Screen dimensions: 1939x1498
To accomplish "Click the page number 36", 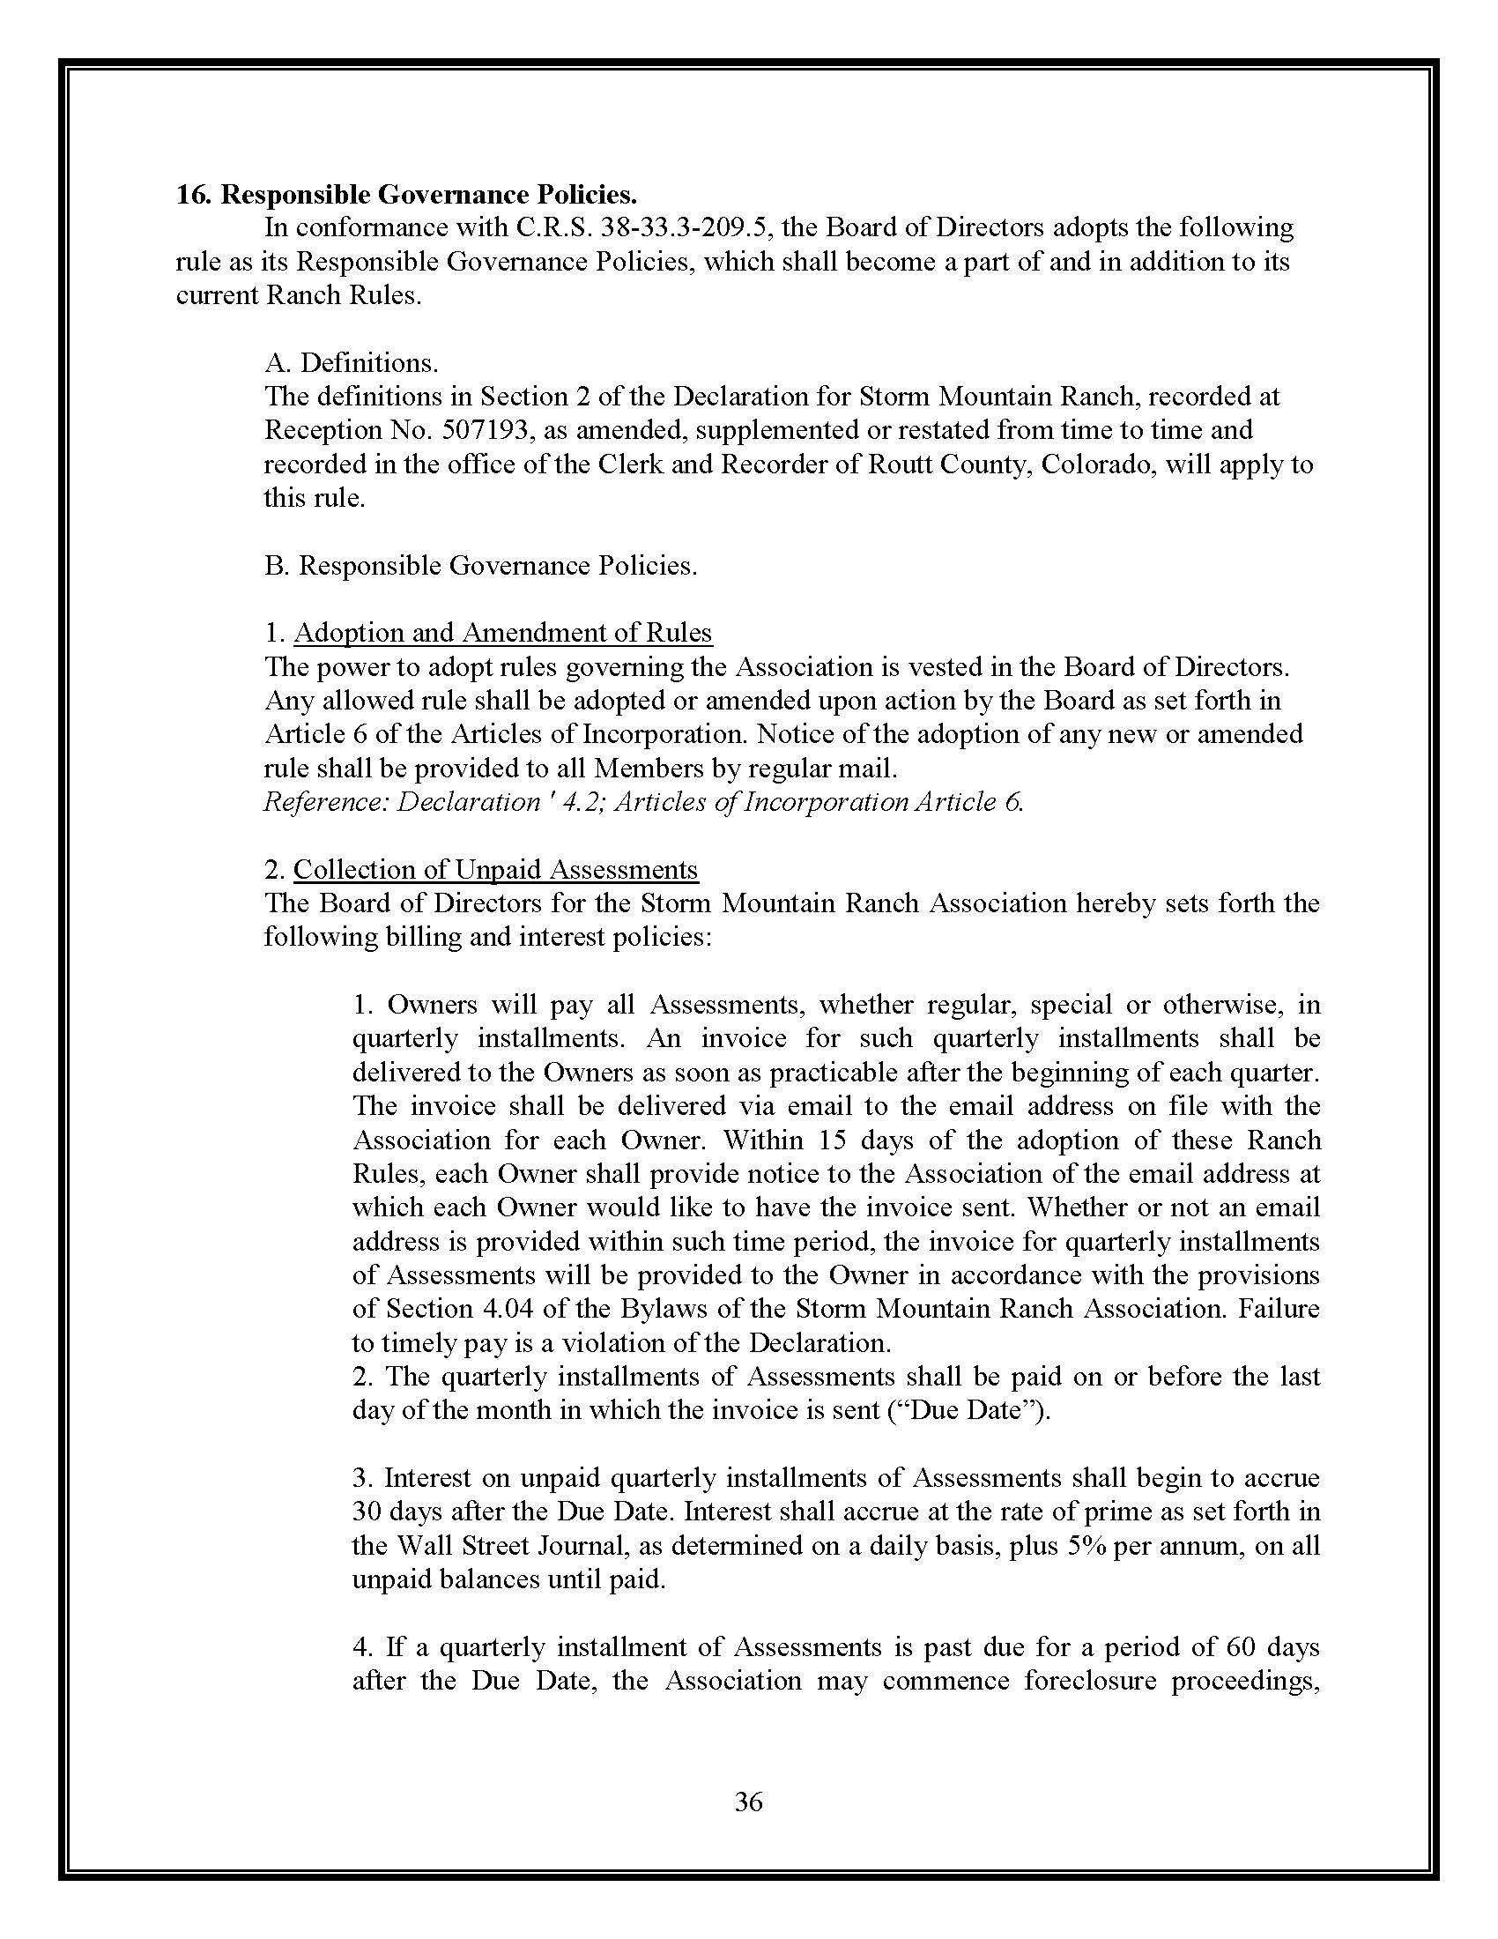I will pos(748,1802).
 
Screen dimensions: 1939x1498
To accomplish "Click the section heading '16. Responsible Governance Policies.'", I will pos(406,194).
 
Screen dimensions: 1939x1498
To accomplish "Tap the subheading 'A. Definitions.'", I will pos(351,362).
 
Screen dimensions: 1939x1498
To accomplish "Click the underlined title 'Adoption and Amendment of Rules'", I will pos(502,633).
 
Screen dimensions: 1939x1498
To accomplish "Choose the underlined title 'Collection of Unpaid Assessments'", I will pos(496,870).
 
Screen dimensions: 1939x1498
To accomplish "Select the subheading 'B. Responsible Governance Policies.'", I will pos(480,566).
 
